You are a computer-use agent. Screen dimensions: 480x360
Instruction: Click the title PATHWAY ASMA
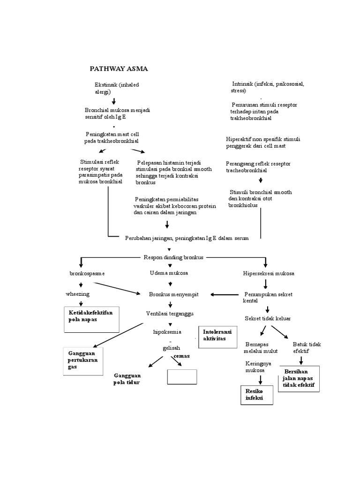click(x=119, y=69)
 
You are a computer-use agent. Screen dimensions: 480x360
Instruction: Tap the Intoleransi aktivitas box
click(x=216, y=337)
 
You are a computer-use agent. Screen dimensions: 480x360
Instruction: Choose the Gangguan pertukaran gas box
click(x=82, y=361)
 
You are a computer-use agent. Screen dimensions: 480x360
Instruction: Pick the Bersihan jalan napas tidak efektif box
click(x=298, y=378)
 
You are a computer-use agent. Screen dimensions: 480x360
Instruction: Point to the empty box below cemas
click(x=182, y=376)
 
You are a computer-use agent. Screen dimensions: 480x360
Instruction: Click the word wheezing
click(x=78, y=294)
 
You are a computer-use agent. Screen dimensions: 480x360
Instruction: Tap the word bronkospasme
click(x=87, y=273)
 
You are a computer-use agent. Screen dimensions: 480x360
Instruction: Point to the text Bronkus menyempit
click(x=174, y=294)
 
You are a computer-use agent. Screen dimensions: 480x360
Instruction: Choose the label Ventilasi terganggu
click(x=171, y=313)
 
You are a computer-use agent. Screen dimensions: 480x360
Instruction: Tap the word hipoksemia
click(x=167, y=332)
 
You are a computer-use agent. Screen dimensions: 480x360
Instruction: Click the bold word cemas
click(x=182, y=356)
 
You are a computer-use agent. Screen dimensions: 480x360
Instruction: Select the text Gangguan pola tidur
click(x=127, y=379)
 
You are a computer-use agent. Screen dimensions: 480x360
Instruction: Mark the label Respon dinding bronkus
click(x=173, y=257)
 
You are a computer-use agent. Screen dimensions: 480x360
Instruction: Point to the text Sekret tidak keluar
click(x=268, y=319)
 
